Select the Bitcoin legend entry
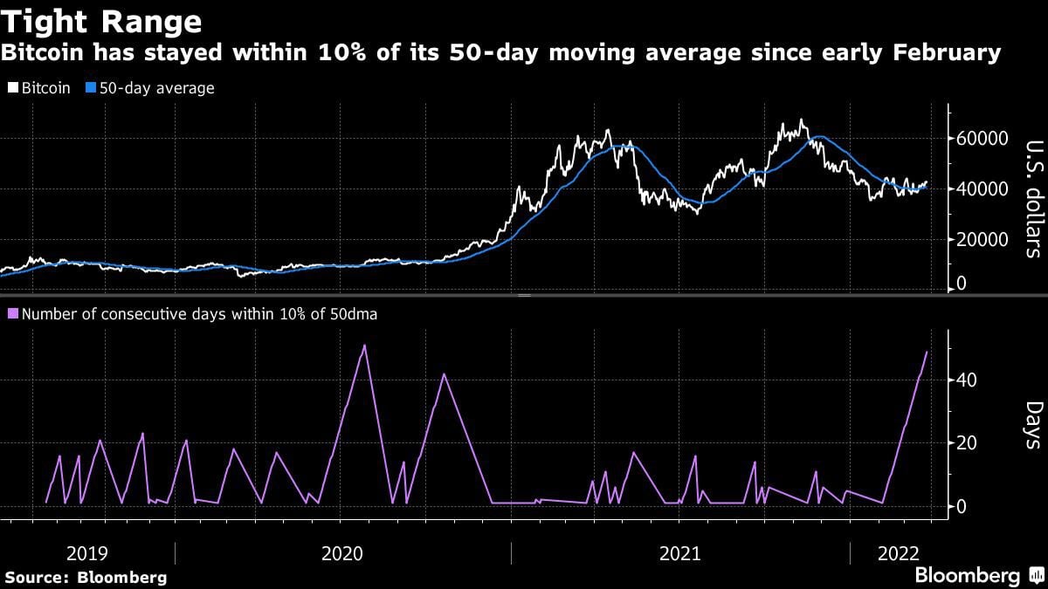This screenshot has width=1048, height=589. coord(39,88)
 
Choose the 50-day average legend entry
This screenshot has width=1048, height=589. coord(150,88)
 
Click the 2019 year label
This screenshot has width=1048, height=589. coord(87,553)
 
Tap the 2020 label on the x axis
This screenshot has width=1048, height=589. coord(342,553)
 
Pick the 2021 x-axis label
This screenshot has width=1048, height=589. coord(680,553)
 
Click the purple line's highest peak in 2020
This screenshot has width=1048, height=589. coord(364,346)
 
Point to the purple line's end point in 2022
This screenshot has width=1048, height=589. coord(927,352)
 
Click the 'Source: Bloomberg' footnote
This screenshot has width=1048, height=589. coord(86,578)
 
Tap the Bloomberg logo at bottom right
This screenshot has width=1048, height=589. coord(978,576)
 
